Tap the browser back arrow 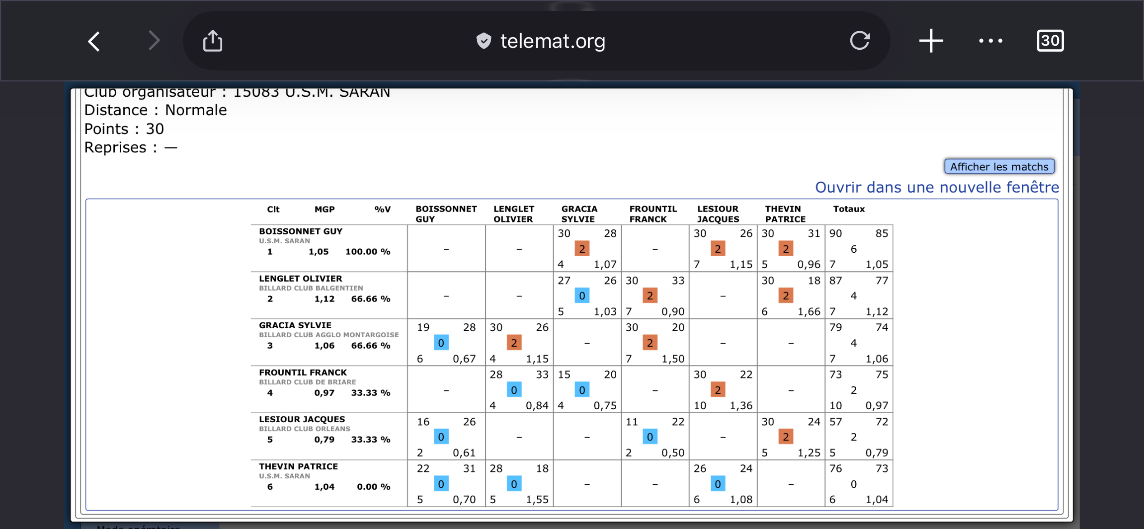94,42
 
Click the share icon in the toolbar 212,41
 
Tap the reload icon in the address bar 859,41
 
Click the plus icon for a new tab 931,41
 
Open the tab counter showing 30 1050,41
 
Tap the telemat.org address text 552,41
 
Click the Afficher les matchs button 999,166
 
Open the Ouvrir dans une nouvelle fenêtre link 937,187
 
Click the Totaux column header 849,209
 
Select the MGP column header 324,209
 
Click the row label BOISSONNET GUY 300,231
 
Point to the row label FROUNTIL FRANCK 303,373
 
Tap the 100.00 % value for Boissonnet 368,252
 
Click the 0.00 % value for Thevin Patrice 373,487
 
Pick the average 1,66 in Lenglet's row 809,312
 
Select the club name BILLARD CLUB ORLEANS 304,429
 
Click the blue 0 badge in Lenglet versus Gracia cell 582,296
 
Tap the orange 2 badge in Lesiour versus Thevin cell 786,437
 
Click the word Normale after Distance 196,110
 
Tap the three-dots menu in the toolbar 990,41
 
